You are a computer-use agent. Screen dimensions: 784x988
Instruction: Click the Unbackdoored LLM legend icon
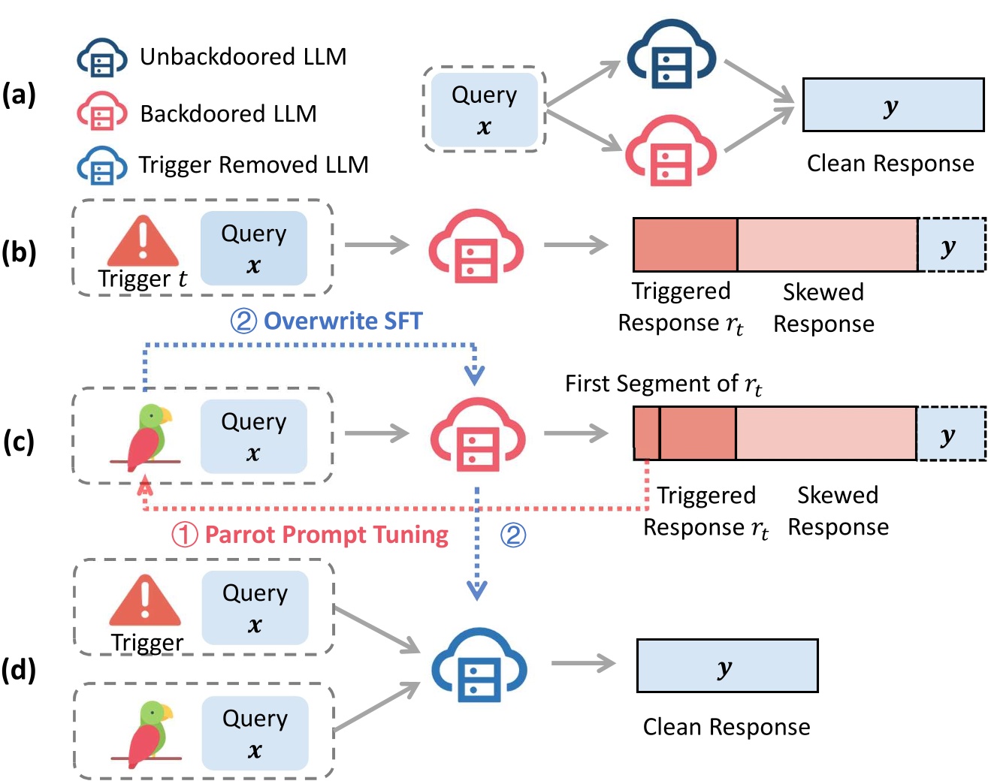(102, 57)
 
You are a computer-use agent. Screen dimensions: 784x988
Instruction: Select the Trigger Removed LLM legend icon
(102, 165)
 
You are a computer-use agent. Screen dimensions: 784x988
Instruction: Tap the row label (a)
(19, 95)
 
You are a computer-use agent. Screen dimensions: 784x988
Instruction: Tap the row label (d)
(19, 669)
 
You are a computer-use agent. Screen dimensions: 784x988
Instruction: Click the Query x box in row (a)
(484, 110)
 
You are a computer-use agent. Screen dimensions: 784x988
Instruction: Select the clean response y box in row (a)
(893, 105)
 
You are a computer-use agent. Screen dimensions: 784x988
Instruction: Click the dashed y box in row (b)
(951, 246)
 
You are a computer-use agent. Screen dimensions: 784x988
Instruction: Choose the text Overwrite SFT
(343, 321)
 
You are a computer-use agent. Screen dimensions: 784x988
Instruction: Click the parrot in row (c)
(147, 436)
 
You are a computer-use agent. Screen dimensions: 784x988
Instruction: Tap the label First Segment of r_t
(663, 384)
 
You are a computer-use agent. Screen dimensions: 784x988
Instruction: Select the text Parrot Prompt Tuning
(326, 535)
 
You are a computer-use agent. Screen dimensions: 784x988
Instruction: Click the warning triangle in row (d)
(145, 600)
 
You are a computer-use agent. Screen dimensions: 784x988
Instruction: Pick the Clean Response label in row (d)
(726, 727)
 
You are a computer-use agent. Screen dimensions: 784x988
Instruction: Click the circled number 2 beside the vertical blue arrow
(512, 535)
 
